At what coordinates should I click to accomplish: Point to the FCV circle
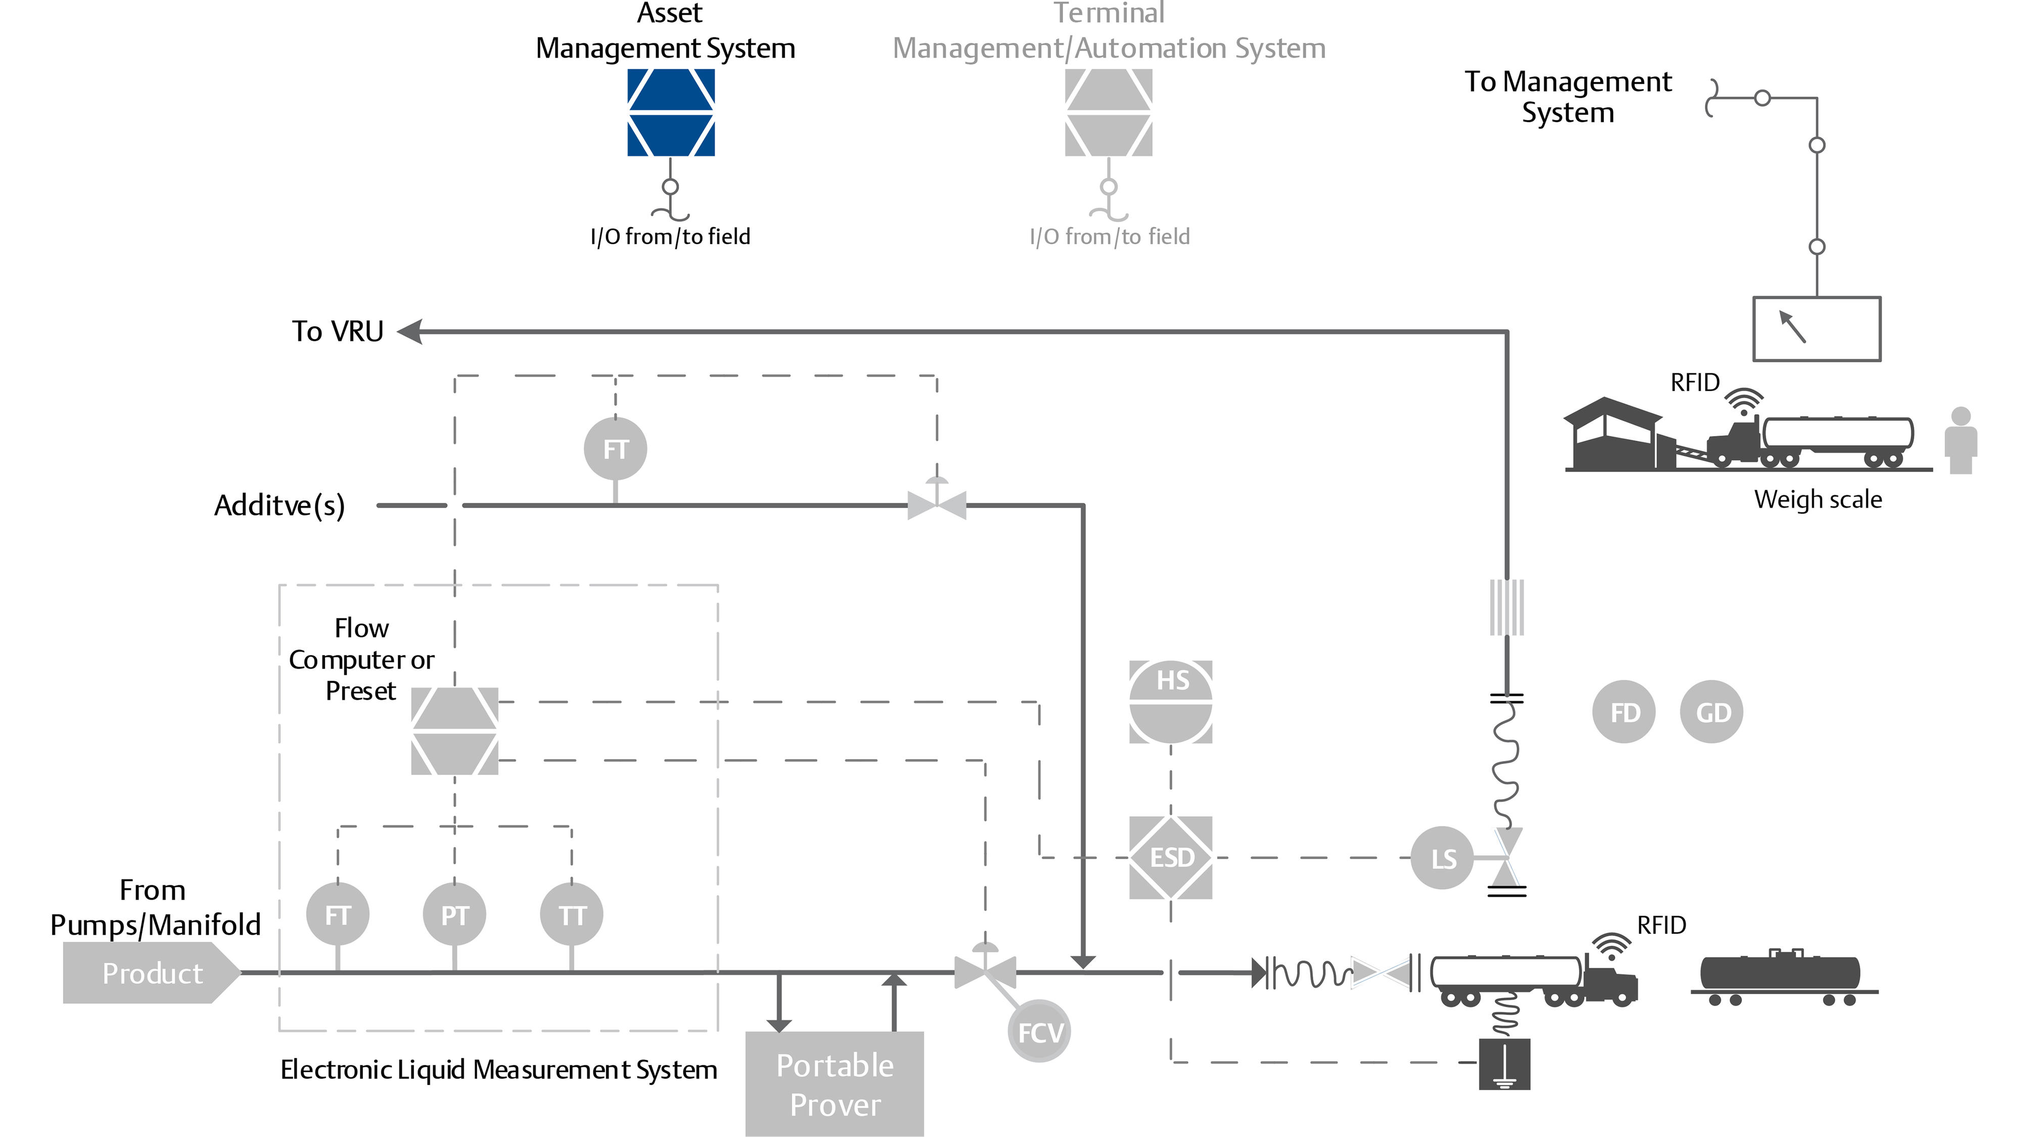1039,1031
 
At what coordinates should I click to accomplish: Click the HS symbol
1170,701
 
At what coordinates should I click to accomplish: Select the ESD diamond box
1170,857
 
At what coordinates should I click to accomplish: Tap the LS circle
1442,859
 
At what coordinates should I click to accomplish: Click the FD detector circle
1624,712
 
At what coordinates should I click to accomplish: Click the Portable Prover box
835,1083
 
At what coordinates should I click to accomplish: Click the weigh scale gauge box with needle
1816,329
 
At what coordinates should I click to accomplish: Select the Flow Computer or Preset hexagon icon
454,731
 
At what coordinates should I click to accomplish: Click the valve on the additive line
936,504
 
